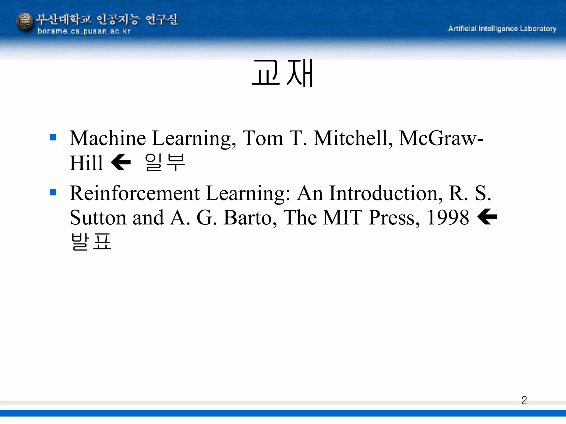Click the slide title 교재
282,73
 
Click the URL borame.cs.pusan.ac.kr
84,31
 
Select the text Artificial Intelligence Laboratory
502,29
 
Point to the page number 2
524,400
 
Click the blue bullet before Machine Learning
53,137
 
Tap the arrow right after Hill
121,163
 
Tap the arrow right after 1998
487,217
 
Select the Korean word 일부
165,163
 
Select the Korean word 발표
91,242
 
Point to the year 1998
448,218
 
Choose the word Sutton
98,218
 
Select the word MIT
342,218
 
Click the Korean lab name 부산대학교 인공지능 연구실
107,19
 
